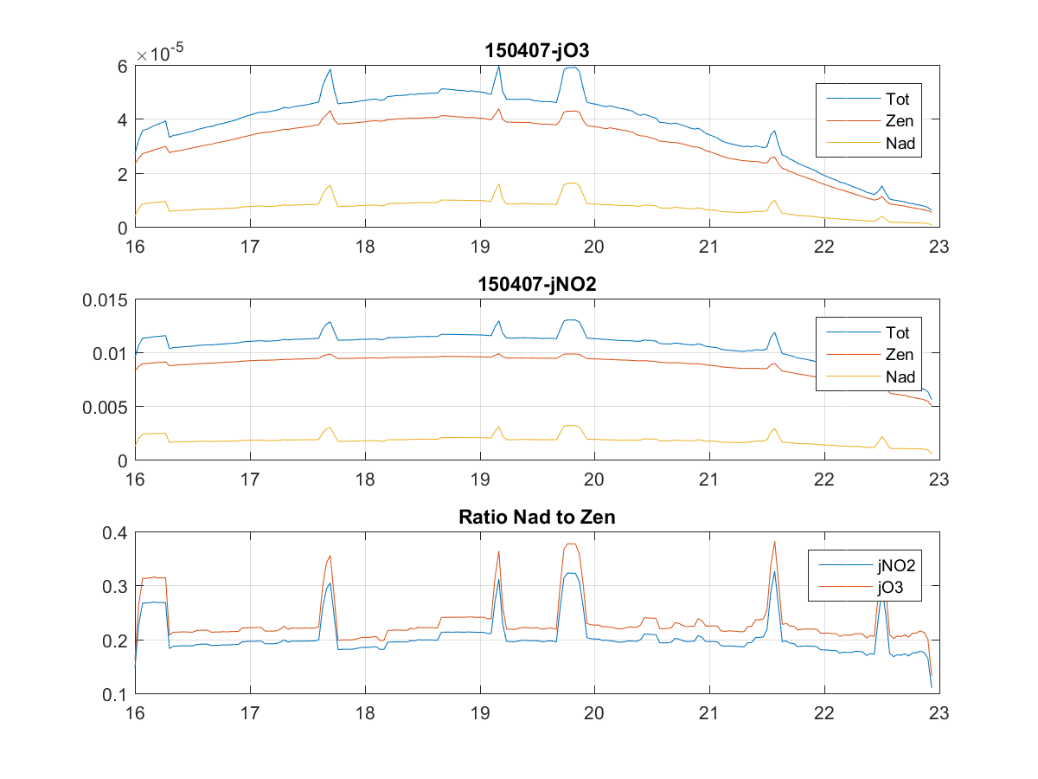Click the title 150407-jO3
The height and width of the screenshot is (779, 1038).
(536, 51)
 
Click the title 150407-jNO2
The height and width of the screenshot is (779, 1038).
(536, 285)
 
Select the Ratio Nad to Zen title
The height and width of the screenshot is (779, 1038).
(536, 518)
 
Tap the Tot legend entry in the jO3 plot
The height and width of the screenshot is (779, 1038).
(898, 98)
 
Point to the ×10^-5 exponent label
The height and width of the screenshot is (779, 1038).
(164, 54)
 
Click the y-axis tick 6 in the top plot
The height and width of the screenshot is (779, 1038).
(123, 67)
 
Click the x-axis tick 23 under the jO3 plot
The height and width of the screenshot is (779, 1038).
(939, 246)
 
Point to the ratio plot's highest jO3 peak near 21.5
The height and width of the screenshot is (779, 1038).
(774, 542)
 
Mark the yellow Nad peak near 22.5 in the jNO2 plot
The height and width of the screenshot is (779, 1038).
(881, 437)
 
